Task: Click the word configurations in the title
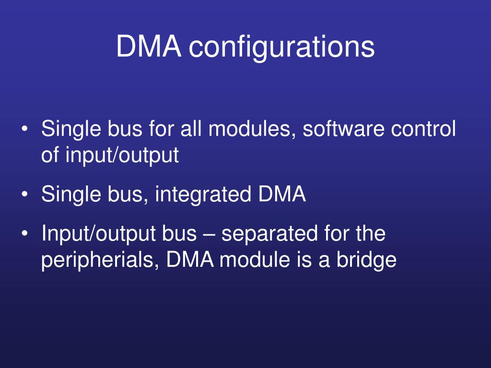[281, 47]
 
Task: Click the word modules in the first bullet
[253, 129]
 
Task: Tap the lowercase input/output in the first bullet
[122, 155]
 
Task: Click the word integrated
[203, 195]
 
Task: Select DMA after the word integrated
[282, 195]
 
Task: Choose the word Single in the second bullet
[71, 195]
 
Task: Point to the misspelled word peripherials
[100, 260]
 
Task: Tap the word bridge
[366, 260]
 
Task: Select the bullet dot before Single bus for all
[25, 129]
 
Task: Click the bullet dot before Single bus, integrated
[25, 195]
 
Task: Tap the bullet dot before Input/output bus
[25, 234]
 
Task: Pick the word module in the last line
[254, 260]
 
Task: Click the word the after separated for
[371, 233]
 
